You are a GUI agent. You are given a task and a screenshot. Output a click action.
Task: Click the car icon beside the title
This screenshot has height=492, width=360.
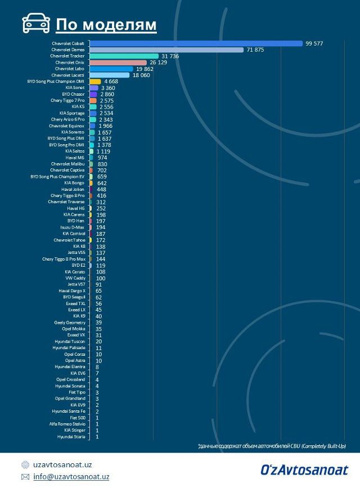click(x=36, y=24)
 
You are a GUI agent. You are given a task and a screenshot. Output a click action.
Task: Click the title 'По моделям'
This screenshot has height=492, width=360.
click(x=106, y=25)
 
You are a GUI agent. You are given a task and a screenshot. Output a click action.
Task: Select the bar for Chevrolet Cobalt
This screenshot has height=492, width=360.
click(x=196, y=43)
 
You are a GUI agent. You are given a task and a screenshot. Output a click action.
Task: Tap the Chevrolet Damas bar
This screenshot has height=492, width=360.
click(x=167, y=50)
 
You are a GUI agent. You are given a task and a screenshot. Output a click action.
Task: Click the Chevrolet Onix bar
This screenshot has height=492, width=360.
click(x=118, y=62)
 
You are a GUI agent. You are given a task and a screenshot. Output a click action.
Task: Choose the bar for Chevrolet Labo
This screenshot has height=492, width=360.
click(x=111, y=69)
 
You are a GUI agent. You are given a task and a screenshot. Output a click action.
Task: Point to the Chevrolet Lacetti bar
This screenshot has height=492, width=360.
click(x=110, y=75)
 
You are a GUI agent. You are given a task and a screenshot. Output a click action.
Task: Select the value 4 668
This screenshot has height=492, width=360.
click(x=111, y=82)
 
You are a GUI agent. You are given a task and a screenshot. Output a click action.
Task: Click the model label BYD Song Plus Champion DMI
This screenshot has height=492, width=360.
click(x=56, y=82)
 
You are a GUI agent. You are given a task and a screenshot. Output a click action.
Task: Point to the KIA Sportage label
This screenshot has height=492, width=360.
click(x=72, y=113)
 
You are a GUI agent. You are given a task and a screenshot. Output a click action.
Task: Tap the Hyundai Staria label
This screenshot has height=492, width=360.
click(x=71, y=436)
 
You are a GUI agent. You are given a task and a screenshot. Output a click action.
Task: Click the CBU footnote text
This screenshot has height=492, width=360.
click(x=271, y=446)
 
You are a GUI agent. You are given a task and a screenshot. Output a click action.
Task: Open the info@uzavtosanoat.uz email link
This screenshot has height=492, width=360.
click(x=71, y=477)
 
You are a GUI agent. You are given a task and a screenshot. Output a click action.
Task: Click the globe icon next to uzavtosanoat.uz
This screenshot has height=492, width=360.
click(x=25, y=465)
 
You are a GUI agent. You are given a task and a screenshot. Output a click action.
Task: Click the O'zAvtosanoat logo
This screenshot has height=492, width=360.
click(x=304, y=469)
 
